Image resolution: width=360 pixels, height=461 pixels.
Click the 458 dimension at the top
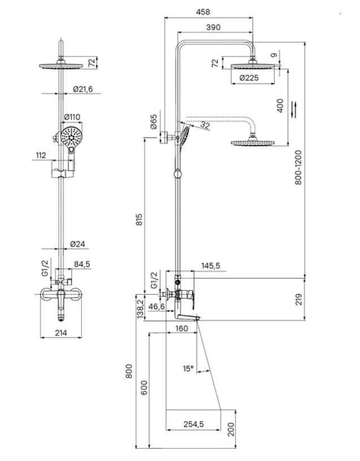203,12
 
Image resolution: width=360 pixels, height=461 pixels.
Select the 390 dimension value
213,27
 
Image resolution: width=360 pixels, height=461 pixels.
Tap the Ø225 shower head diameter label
249,78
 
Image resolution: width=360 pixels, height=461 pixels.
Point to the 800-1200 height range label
298,167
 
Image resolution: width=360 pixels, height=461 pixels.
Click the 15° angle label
188,368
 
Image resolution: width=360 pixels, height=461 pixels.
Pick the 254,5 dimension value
193,424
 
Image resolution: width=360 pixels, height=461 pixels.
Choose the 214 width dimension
61,333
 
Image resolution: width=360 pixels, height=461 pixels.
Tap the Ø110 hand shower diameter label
72,117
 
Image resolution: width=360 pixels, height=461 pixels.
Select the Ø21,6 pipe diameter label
83,89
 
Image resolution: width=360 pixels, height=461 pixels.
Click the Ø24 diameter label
78,244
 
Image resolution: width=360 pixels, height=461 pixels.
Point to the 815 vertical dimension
140,219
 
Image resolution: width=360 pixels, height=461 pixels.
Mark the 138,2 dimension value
140,309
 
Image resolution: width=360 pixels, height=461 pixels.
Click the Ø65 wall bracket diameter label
154,122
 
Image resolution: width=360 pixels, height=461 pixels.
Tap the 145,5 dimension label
211,266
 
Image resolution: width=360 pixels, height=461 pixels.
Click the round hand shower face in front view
71,137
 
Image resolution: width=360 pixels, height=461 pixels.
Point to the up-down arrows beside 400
294,109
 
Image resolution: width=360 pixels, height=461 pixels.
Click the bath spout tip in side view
198,318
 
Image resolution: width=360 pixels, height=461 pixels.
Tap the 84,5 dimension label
82,264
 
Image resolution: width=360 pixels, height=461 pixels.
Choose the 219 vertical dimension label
298,299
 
